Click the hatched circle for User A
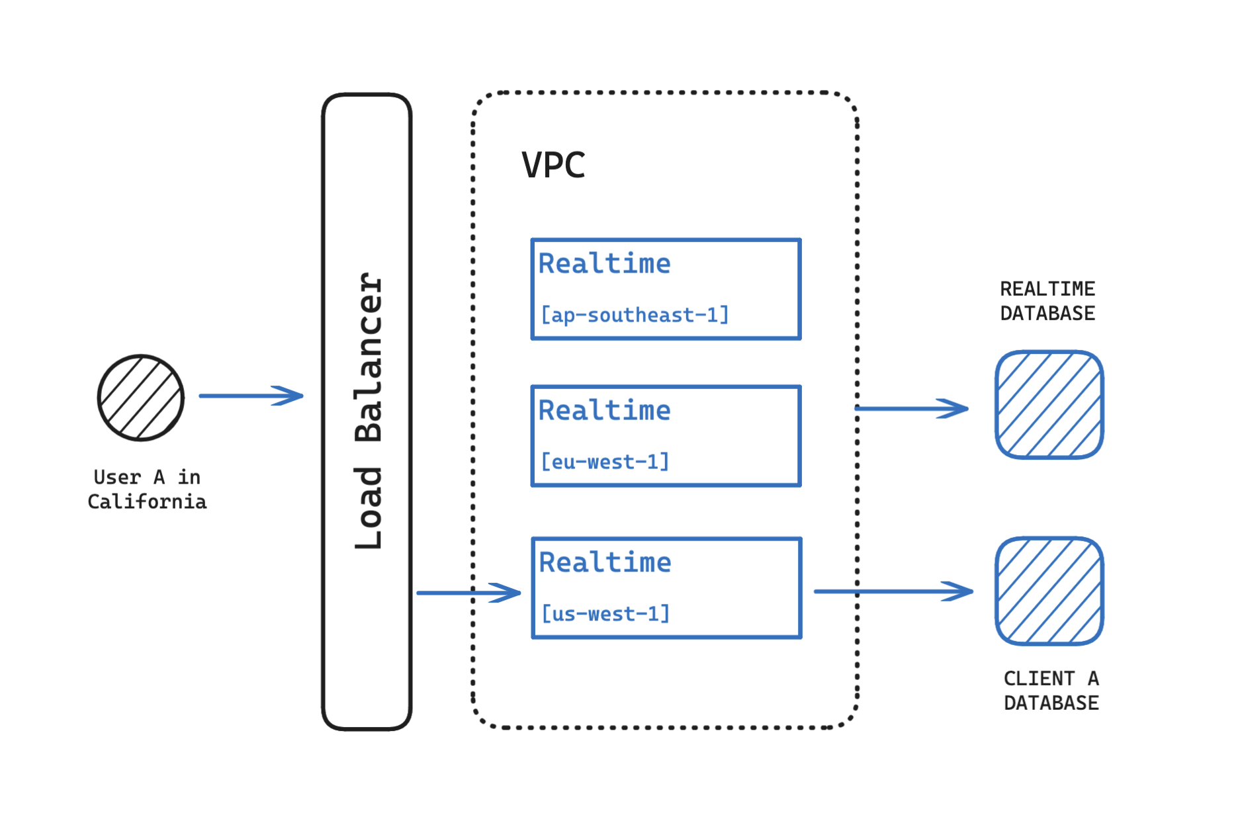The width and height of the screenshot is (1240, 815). (141, 398)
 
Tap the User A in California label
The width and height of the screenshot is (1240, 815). (147, 490)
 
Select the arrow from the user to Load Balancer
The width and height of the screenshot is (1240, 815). (251, 396)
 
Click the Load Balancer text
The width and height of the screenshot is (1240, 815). (368, 410)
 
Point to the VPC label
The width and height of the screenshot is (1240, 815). (553, 165)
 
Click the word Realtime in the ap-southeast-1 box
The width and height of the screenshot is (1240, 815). (604, 263)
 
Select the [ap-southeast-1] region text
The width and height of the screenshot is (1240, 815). (635, 315)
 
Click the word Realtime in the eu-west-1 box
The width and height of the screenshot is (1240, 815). (604, 410)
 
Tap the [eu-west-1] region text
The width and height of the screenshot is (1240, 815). (605, 462)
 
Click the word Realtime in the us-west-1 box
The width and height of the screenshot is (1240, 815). (605, 562)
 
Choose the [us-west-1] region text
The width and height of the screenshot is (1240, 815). (605, 614)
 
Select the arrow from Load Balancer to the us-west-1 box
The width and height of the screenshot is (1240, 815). (468, 592)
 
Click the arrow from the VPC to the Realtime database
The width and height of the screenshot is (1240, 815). (912, 408)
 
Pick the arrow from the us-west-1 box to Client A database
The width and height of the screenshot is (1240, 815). (893, 591)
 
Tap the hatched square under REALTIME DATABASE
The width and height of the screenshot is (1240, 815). (1049, 404)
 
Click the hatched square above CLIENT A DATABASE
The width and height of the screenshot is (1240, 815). (1049, 591)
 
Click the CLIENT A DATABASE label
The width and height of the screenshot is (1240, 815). (1051, 691)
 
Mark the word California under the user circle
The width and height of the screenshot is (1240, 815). (147, 502)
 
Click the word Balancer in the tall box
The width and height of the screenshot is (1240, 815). (368, 357)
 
